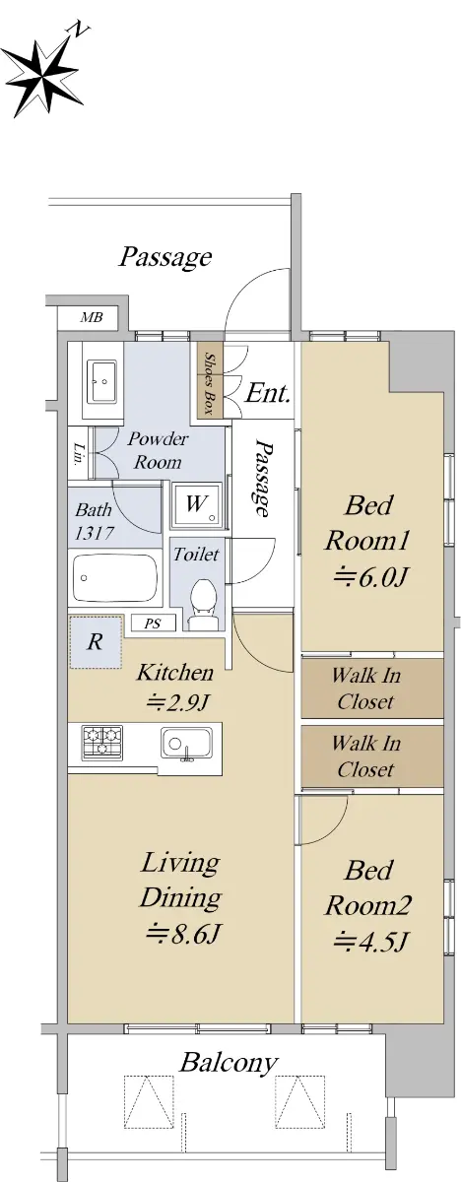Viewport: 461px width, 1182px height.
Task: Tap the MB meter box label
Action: (92, 317)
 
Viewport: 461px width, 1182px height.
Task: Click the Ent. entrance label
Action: (268, 393)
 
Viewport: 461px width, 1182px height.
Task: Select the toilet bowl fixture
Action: (202, 603)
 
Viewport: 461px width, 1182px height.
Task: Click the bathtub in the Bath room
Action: (115, 577)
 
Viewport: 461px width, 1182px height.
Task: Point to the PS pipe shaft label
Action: (153, 624)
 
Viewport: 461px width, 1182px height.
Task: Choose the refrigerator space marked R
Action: (95, 641)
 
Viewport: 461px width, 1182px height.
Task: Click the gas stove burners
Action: (101, 741)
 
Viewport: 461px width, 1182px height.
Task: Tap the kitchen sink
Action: (187, 743)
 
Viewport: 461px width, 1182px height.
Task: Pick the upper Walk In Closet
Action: (372, 689)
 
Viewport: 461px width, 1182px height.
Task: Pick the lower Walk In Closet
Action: (372, 756)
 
